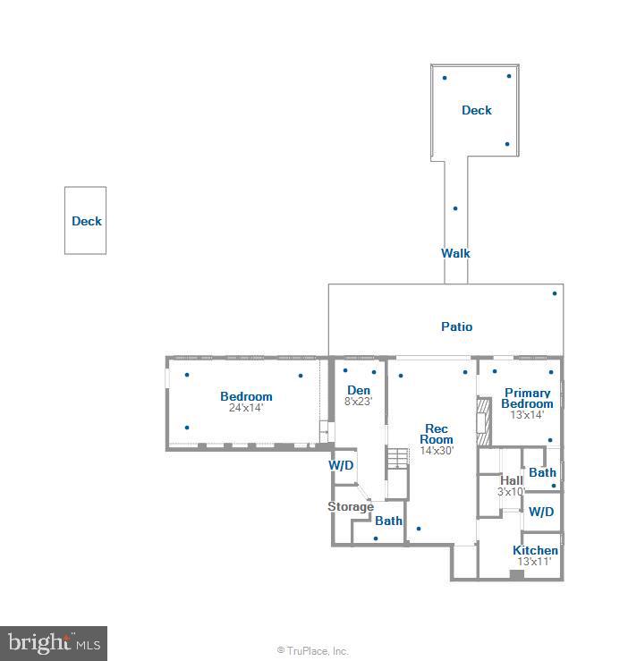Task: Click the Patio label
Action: click(x=456, y=326)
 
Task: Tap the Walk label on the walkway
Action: click(x=455, y=253)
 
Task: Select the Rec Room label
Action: click(x=437, y=434)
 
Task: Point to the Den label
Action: click(x=359, y=390)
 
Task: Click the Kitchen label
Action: click(x=535, y=550)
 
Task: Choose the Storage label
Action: click(x=350, y=507)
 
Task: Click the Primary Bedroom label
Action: click(x=527, y=398)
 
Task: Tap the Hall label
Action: click(x=512, y=480)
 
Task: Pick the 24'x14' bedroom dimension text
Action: click(x=246, y=408)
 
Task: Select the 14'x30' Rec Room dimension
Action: click(x=437, y=451)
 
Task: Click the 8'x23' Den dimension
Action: click(x=359, y=402)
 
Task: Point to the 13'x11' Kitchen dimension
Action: click(x=535, y=562)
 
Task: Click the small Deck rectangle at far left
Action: click(x=86, y=221)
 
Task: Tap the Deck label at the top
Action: click(x=476, y=110)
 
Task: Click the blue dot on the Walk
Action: click(x=455, y=208)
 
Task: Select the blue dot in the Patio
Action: click(x=555, y=293)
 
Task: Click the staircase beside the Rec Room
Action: click(x=398, y=457)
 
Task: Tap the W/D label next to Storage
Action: click(x=342, y=465)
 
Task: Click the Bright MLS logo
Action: click(x=53, y=642)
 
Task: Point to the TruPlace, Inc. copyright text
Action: click(x=313, y=651)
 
